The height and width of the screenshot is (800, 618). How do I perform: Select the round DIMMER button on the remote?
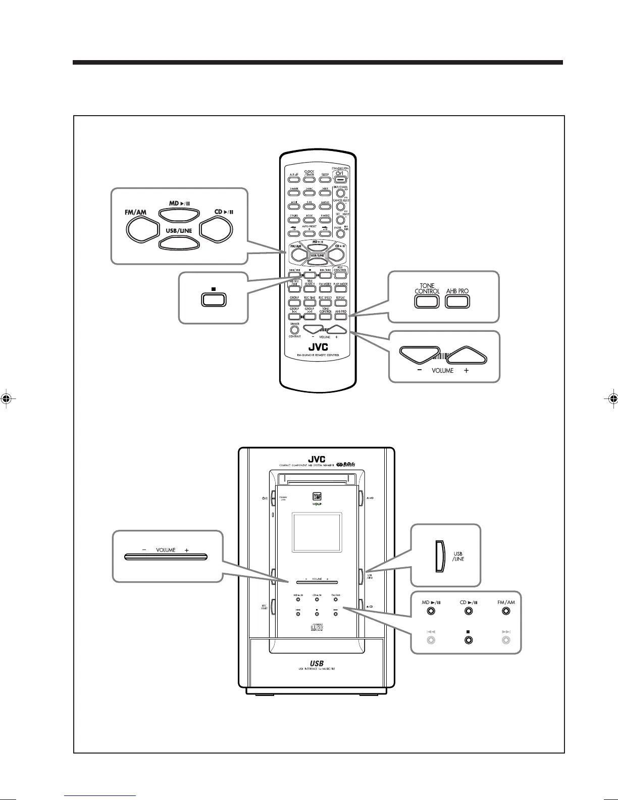(x=294, y=330)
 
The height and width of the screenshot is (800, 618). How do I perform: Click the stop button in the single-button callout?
(x=214, y=299)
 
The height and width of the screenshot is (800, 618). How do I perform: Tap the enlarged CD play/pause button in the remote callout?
(x=217, y=230)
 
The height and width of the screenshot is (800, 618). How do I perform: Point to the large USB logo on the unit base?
(x=317, y=663)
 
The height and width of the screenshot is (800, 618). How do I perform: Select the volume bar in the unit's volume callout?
(x=166, y=557)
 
